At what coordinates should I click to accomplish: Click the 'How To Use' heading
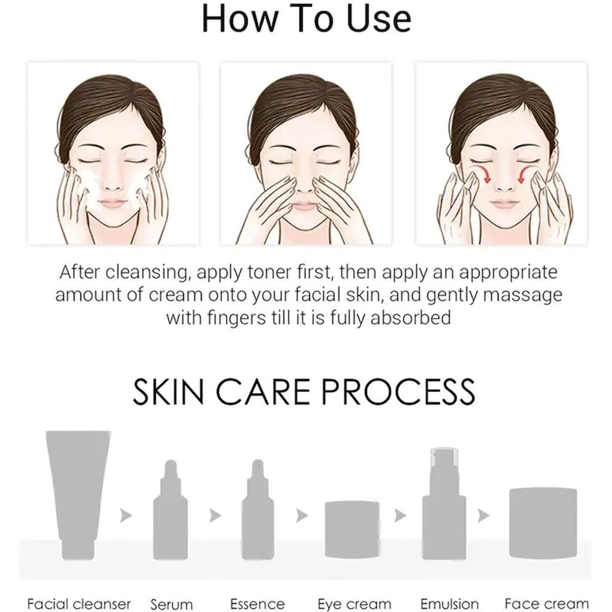click(306, 19)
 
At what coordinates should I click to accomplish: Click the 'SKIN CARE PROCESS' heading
click(304, 391)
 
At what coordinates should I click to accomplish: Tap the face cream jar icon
click(543, 515)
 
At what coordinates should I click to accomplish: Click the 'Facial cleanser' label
click(79, 604)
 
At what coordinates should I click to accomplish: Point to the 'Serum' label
click(172, 604)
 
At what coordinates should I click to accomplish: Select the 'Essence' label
click(258, 604)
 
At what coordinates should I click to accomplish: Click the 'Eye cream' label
click(354, 604)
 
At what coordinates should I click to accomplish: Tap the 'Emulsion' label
click(449, 604)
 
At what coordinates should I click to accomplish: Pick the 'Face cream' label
click(546, 604)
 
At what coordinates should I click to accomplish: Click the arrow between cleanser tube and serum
click(126, 515)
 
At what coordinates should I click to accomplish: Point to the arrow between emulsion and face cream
click(483, 515)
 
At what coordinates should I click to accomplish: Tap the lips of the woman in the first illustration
click(112, 204)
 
